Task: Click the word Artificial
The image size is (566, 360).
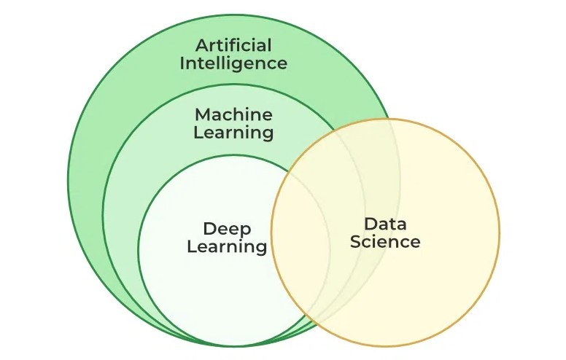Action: pyautogui.click(x=233, y=46)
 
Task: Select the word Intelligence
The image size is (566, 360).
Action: pyautogui.click(x=233, y=63)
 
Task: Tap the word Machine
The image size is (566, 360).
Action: pyautogui.click(x=233, y=114)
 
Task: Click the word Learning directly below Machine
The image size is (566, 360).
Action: pyautogui.click(x=233, y=133)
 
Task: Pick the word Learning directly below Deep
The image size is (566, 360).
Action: pyautogui.click(x=227, y=247)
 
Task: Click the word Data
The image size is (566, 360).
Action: pyautogui.click(x=385, y=223)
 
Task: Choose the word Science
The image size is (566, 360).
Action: pyautogui.click(x=385, y=241)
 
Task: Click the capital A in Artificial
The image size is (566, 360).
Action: pyautogui.click(x=202, y=46)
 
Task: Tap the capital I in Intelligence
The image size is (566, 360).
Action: pyautogui.click(x=182, y=63)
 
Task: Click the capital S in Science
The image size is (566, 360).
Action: pyautogui.click(x=355, y=241)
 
